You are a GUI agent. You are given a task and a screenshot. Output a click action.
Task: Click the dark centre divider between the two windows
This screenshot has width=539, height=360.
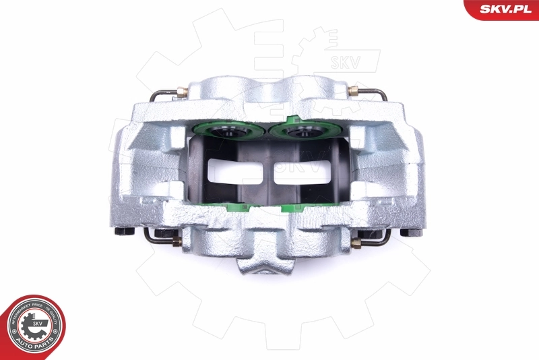[x=267, y=171]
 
